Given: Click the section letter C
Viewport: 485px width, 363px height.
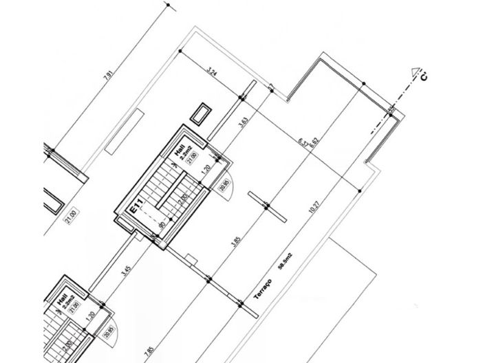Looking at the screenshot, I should (x=424, y=77).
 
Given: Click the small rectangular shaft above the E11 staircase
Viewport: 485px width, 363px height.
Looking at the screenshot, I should (x=202, y=113).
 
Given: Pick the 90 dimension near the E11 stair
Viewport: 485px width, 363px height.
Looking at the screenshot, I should (x=162, y=224).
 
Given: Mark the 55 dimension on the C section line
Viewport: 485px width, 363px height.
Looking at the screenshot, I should (x=391, y=109).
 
